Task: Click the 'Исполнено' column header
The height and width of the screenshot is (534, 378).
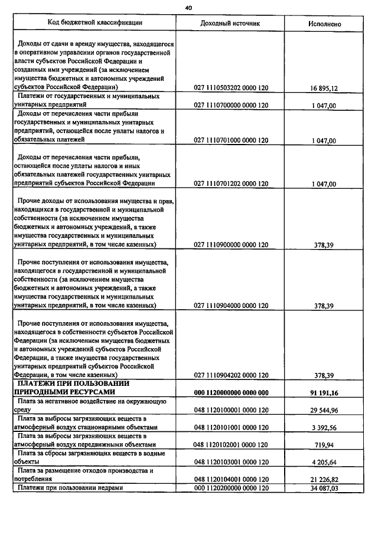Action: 324,24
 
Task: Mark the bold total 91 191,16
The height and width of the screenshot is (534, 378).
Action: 323,392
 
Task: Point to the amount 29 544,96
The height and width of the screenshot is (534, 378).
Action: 323,410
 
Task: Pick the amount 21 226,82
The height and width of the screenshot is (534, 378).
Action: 323,480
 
